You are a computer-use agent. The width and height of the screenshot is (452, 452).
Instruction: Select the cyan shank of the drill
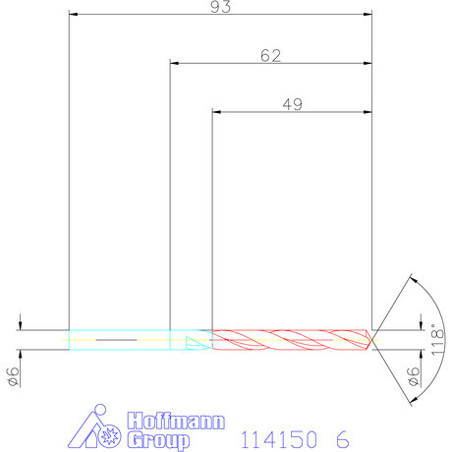118,337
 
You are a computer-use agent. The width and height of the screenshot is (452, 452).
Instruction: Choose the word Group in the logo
160,437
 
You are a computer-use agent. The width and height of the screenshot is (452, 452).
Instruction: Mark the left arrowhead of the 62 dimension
174,64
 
